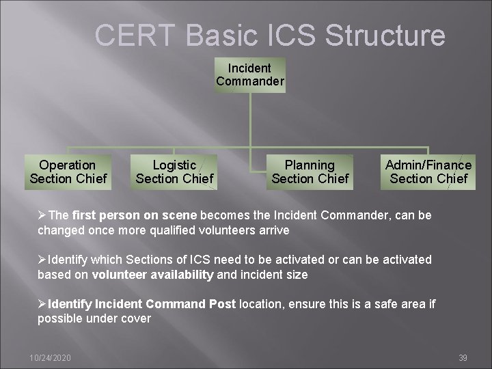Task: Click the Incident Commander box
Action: [x=250, y=74]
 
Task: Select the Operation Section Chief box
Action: [x=68, y=172]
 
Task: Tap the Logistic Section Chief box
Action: [x=174, y=172]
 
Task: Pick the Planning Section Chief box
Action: [x=310, y=172]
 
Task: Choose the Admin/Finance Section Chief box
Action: [x=428, y=172]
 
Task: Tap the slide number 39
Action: [x=463, y=358]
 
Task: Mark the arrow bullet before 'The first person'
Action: [x=42, y=215]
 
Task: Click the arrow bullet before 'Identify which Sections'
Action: [x=42, y=260]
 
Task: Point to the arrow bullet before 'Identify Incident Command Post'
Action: [x=42, y=304]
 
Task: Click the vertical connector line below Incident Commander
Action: [x=250, y=120]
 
